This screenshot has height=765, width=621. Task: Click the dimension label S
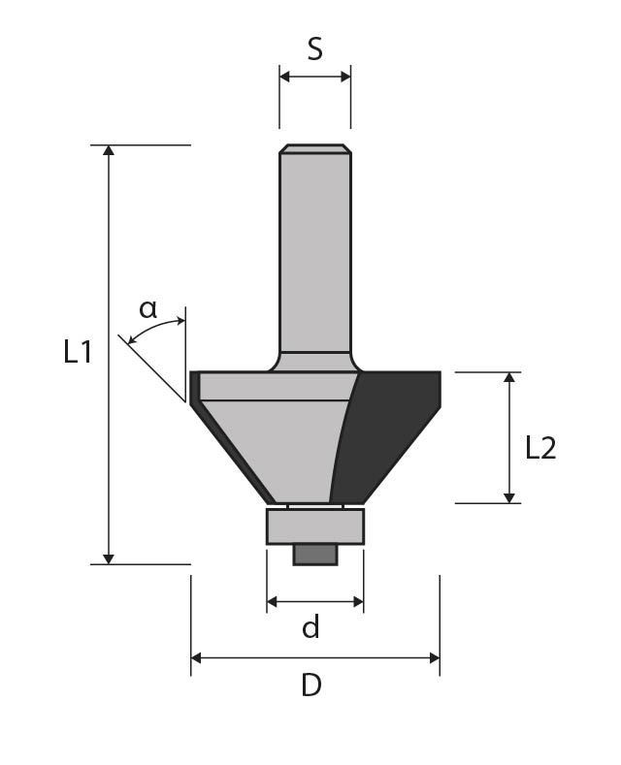315,49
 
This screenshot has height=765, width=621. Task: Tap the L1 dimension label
78,352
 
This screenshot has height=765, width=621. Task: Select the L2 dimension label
540,448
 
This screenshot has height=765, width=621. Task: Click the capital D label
311,685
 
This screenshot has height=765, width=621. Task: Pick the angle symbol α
147,309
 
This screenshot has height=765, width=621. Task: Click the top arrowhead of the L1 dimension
109,150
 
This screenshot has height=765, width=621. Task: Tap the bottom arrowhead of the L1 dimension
109,559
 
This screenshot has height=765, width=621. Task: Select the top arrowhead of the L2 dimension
509,377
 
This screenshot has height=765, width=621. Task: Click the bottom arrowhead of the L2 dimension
509,497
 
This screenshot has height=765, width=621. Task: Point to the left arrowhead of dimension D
196,658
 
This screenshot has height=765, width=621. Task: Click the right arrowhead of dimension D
435,658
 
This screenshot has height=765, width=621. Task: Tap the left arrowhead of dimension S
285,77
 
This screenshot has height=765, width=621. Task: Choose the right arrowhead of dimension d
358,602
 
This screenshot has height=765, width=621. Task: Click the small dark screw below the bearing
315,555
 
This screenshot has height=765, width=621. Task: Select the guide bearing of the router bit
315,526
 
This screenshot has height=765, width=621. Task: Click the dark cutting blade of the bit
385,436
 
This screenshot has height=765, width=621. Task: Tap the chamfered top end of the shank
315,148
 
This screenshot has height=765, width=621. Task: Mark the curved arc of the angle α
156,328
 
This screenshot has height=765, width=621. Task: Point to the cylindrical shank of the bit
315,253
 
